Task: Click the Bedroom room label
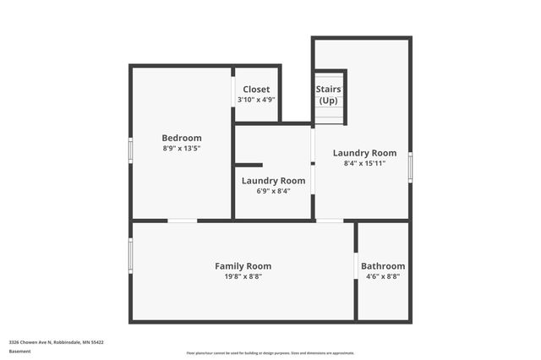(x=182, y=138)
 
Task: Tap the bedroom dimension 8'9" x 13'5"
(x=182, y=148)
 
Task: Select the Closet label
(x=256, y=89)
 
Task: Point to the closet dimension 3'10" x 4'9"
(x=256, y=99)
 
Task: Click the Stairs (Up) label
(x=328, y=94)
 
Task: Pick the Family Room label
(x=243, y=266)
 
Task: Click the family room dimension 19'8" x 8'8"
(x=243, y=276)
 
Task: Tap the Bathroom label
(x=383, y=266)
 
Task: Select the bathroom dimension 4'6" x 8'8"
(x=383, y=276)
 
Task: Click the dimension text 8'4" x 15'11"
(x=364, y=163)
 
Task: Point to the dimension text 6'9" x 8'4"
(x=273, y=190)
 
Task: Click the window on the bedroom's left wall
(x=130, y=149)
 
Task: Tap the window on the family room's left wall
(x=130, y=255)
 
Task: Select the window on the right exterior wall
(x=410, y=166)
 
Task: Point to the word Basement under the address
(x=19, y=350)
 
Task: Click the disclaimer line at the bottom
(x=270, y=352)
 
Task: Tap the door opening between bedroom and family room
(x=182, y=221)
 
